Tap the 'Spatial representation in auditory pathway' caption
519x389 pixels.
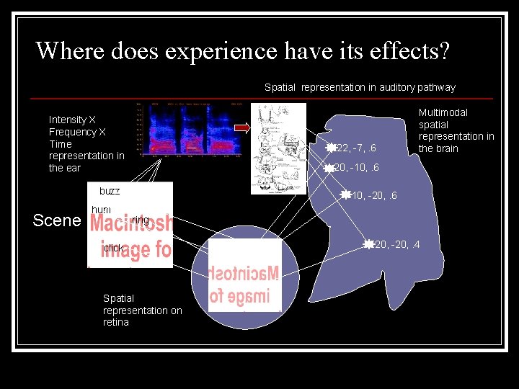(360, 87)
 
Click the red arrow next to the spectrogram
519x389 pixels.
(241, 129)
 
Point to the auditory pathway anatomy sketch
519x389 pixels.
(278, 148)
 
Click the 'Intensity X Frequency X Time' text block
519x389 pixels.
(86, 143)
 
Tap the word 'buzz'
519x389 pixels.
(110, 191)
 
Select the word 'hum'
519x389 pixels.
(101, 210)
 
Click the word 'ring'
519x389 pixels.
(141, 220)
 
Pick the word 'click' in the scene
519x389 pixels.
(113, 248)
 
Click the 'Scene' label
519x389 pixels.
(57, 220)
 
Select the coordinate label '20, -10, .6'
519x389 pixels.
(356, 169)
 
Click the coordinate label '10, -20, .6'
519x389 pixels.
(373, 196)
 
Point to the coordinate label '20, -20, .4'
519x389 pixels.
(397, 245)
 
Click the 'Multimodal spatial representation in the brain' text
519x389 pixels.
(456, 130)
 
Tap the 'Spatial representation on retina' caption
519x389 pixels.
(142, 310)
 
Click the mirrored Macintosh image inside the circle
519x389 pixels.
(245, 275)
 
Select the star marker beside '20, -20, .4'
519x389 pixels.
(369, 245)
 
